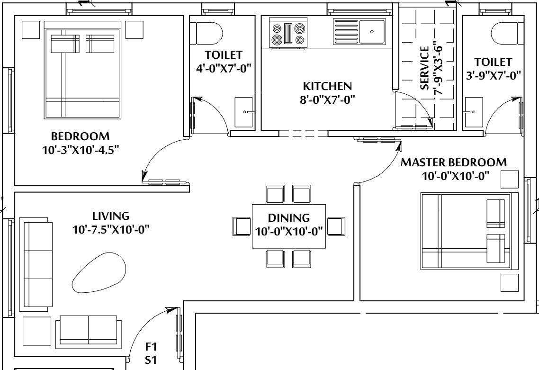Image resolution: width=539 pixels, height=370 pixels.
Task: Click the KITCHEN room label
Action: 327,86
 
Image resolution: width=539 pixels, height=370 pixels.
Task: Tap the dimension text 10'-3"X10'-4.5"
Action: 81,150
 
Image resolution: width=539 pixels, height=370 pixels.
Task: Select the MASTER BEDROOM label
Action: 453,162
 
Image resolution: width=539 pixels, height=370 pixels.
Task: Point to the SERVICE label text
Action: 425,68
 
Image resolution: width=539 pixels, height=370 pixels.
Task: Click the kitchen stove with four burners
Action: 289,35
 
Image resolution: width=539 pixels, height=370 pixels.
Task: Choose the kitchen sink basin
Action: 372,32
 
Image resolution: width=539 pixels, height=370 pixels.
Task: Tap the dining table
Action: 289,226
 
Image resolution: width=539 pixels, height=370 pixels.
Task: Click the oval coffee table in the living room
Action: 99,272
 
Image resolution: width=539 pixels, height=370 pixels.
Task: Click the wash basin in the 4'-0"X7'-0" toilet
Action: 244,112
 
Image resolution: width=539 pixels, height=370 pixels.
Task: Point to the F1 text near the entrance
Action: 151,346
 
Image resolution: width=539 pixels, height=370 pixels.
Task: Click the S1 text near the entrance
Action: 151,360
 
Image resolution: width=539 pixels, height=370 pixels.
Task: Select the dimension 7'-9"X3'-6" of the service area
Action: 438,68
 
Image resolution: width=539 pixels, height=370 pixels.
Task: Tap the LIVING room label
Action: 111,216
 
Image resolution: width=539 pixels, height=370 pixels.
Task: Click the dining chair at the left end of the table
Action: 242,226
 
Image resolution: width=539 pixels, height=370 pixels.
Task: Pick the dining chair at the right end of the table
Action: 336,226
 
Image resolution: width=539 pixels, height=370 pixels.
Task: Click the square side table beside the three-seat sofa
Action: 37,331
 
